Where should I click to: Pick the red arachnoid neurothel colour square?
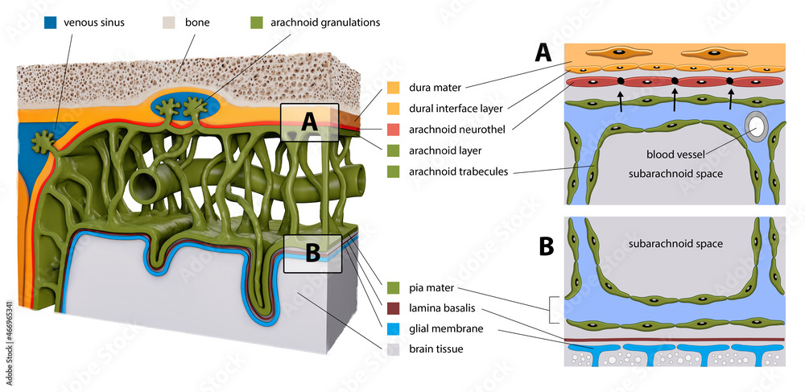coord(394,129)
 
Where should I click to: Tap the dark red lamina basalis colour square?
coord(394,307)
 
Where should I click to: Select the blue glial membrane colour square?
coord(394,328)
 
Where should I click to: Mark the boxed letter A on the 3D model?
coord(310,122)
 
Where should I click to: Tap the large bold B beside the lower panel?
coord(547,246)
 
